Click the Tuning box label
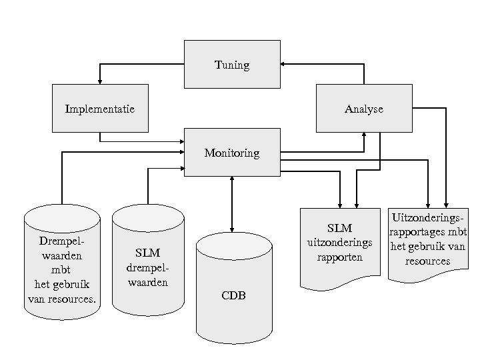pos(232,65)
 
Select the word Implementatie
pos(100,108)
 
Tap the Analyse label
pos(364,109)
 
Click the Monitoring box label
pos(232,153)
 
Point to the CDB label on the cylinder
pos(234,295)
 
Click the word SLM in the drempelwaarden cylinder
pos(147,253)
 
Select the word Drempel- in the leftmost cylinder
pos(62,241)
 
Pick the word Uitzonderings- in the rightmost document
pos(427,218)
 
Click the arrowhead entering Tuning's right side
pos(283,65)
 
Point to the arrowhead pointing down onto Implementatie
pos(100,81)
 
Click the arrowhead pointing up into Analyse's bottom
pos(364,134)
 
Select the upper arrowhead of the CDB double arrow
pos(232,179)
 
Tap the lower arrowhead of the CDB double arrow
pos(232,229)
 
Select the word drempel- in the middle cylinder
pos(147,267)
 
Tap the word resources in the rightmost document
pos(427,261)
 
